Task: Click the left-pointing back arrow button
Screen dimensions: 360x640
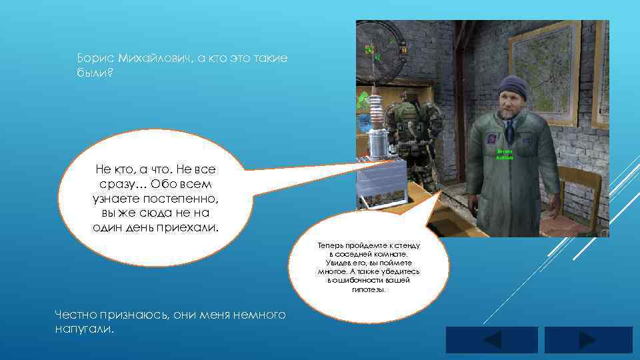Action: click(x=491, y=340)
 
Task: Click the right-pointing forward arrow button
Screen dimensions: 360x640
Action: click(x=588, y=340)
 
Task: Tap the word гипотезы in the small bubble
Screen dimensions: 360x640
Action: click(x=365, y=289)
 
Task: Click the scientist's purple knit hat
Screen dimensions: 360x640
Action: click(x=512, y=85)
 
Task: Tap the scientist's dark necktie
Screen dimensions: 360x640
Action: click(x=509, y=132)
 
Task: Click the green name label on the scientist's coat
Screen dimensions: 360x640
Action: click(x=503, y=154)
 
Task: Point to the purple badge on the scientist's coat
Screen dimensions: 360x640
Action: click(x=491, y=138)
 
